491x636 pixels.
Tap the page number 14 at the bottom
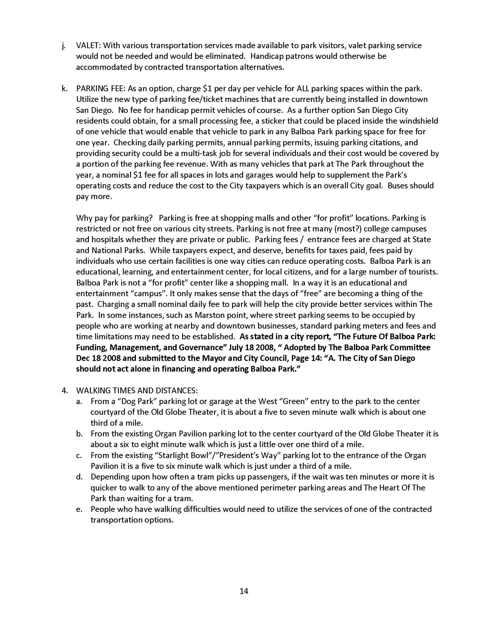[244, 591]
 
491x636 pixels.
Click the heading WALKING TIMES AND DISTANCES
[137, 390]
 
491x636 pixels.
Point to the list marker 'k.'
[64, 88]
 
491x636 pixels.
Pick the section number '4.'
[65, 390]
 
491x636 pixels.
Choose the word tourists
[423, 272]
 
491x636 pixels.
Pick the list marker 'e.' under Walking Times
[79, 509]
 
